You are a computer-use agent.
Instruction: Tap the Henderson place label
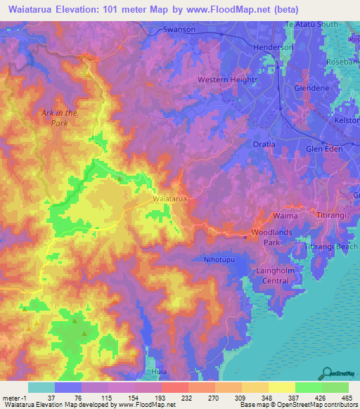coord(273,47)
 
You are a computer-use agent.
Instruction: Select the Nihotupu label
coord(219,258)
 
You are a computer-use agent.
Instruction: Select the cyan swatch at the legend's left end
coord(41,387)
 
